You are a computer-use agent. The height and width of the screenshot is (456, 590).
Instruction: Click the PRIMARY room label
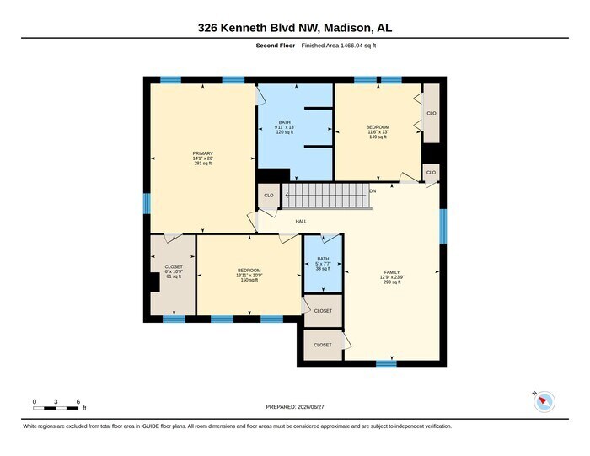[203, 153]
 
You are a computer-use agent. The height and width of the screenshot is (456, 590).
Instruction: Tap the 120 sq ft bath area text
[285, 132]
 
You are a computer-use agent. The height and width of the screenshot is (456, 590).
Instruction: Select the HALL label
[301, 222]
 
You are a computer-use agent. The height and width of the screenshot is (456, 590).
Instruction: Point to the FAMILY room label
[392, 272]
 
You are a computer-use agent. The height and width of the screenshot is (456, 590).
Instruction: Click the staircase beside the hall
[327, 196]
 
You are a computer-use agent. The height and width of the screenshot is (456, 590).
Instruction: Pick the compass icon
[544, 402]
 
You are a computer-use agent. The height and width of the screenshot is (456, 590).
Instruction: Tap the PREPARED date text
[295, 407]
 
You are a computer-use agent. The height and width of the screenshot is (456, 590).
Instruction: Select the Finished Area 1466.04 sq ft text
[339, 46]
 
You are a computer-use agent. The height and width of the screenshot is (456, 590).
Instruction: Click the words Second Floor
[276, 46]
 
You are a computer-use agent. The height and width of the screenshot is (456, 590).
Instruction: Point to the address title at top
[295, 28]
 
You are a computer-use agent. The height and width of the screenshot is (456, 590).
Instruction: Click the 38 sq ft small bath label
[323, 269]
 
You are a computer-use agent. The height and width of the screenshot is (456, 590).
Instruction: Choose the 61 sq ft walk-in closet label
[174, 276]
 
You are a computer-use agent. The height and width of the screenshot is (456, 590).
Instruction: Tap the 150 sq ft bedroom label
[249, 280]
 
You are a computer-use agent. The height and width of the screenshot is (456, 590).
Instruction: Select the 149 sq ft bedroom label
[378, 137]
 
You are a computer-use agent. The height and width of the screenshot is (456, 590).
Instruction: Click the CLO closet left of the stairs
[269, 196]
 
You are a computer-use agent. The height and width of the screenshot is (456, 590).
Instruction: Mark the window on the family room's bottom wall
[386, 364]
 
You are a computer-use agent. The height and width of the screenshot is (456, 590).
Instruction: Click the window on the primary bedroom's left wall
[147, 203]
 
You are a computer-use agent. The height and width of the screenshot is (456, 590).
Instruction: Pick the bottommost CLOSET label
[323, 345]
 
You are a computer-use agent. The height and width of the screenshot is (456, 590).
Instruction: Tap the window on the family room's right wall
[443, 226]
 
